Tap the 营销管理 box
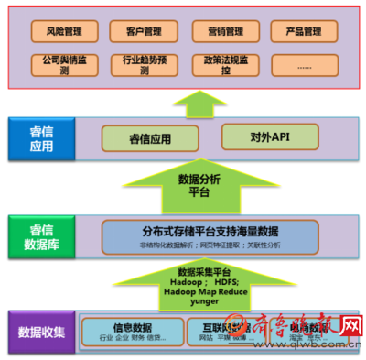coord(219,31)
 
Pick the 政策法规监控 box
coord(219,64)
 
